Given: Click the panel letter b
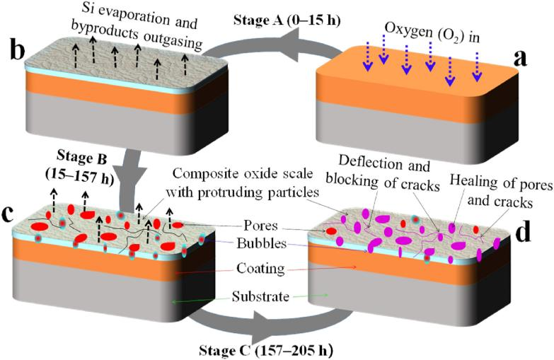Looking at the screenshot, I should pyautogui.click(x=16, y=52).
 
